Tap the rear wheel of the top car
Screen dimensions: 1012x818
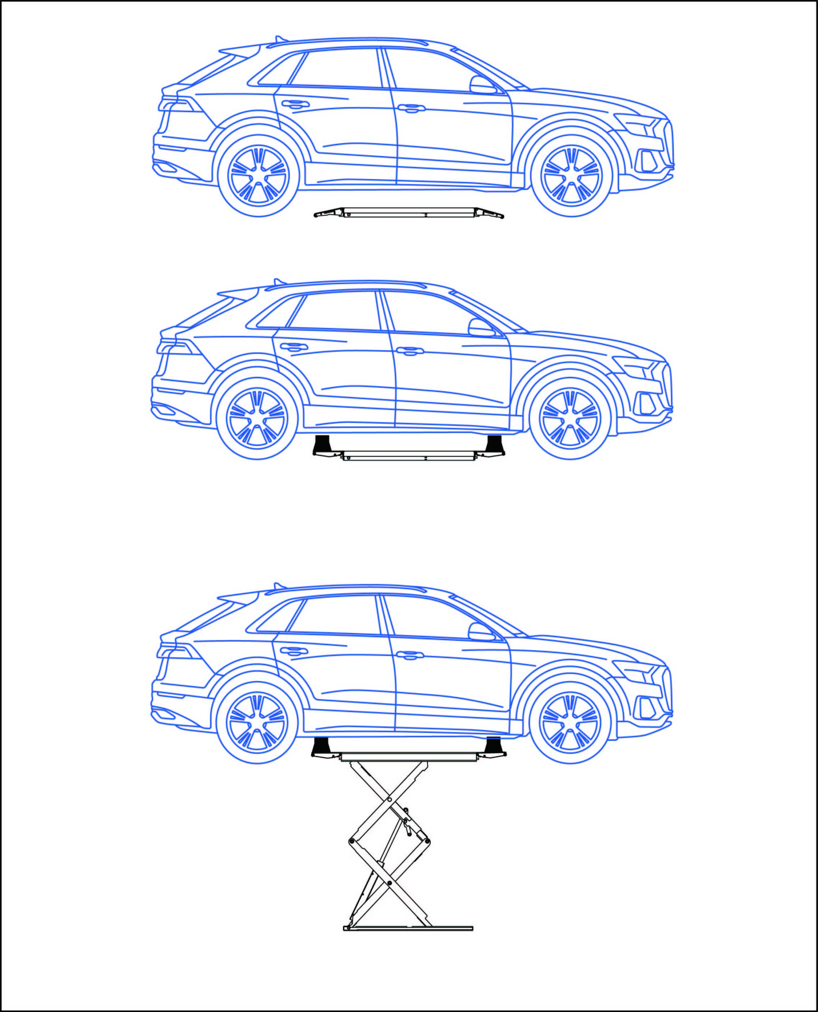[258, 176]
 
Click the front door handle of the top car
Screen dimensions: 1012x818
[411, 108]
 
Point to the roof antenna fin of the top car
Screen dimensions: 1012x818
[280, 39]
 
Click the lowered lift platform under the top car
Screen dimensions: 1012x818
[409, 213]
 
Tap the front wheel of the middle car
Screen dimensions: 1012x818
[570, 419]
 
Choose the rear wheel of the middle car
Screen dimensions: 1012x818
[257, 419]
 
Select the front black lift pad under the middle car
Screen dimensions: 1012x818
[495, 444]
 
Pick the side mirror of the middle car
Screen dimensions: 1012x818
[480, 328]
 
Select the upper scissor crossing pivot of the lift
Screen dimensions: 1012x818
[389, 800]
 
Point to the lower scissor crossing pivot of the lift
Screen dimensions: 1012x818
[389, 883]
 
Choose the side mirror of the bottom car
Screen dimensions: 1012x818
[480, 632]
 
